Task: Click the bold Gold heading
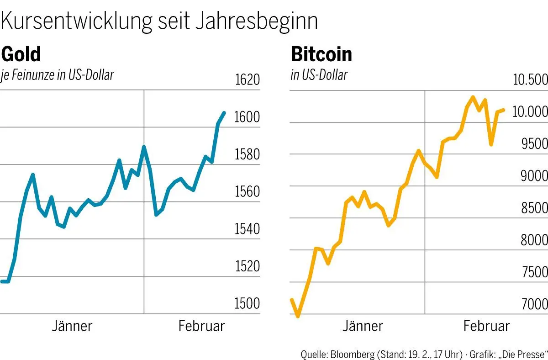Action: (21, 54)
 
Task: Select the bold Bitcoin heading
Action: (321, 55)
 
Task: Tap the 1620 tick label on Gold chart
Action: (247, 80)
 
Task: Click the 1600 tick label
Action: (247, 117)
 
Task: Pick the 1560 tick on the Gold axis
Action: (247, 192)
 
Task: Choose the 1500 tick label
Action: (247, 303)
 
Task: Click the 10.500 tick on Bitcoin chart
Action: (530, 80)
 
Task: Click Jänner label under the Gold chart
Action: (72, 326)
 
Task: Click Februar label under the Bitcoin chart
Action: (486, 326)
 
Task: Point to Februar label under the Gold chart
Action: (201, 326)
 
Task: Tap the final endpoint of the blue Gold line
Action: (224, 112)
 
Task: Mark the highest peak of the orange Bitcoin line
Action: (473, 97)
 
